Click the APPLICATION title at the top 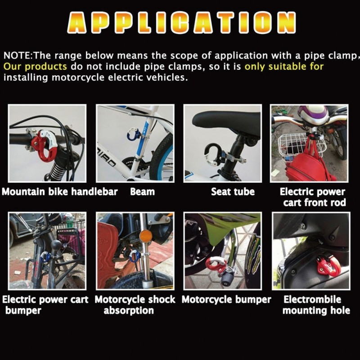(181, 22)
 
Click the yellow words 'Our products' (35, 67)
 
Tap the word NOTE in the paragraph (17, 55)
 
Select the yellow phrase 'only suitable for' (284, 66)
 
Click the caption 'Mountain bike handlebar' (60, 192)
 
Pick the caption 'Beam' (142, 192)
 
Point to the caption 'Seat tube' (233, 192)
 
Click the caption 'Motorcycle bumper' (226, 300)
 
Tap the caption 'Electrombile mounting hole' (316, 305)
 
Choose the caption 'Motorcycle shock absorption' (135, 305)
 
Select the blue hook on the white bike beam (133, 134)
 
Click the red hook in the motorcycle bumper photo (215, 264)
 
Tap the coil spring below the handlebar (56, 170)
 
